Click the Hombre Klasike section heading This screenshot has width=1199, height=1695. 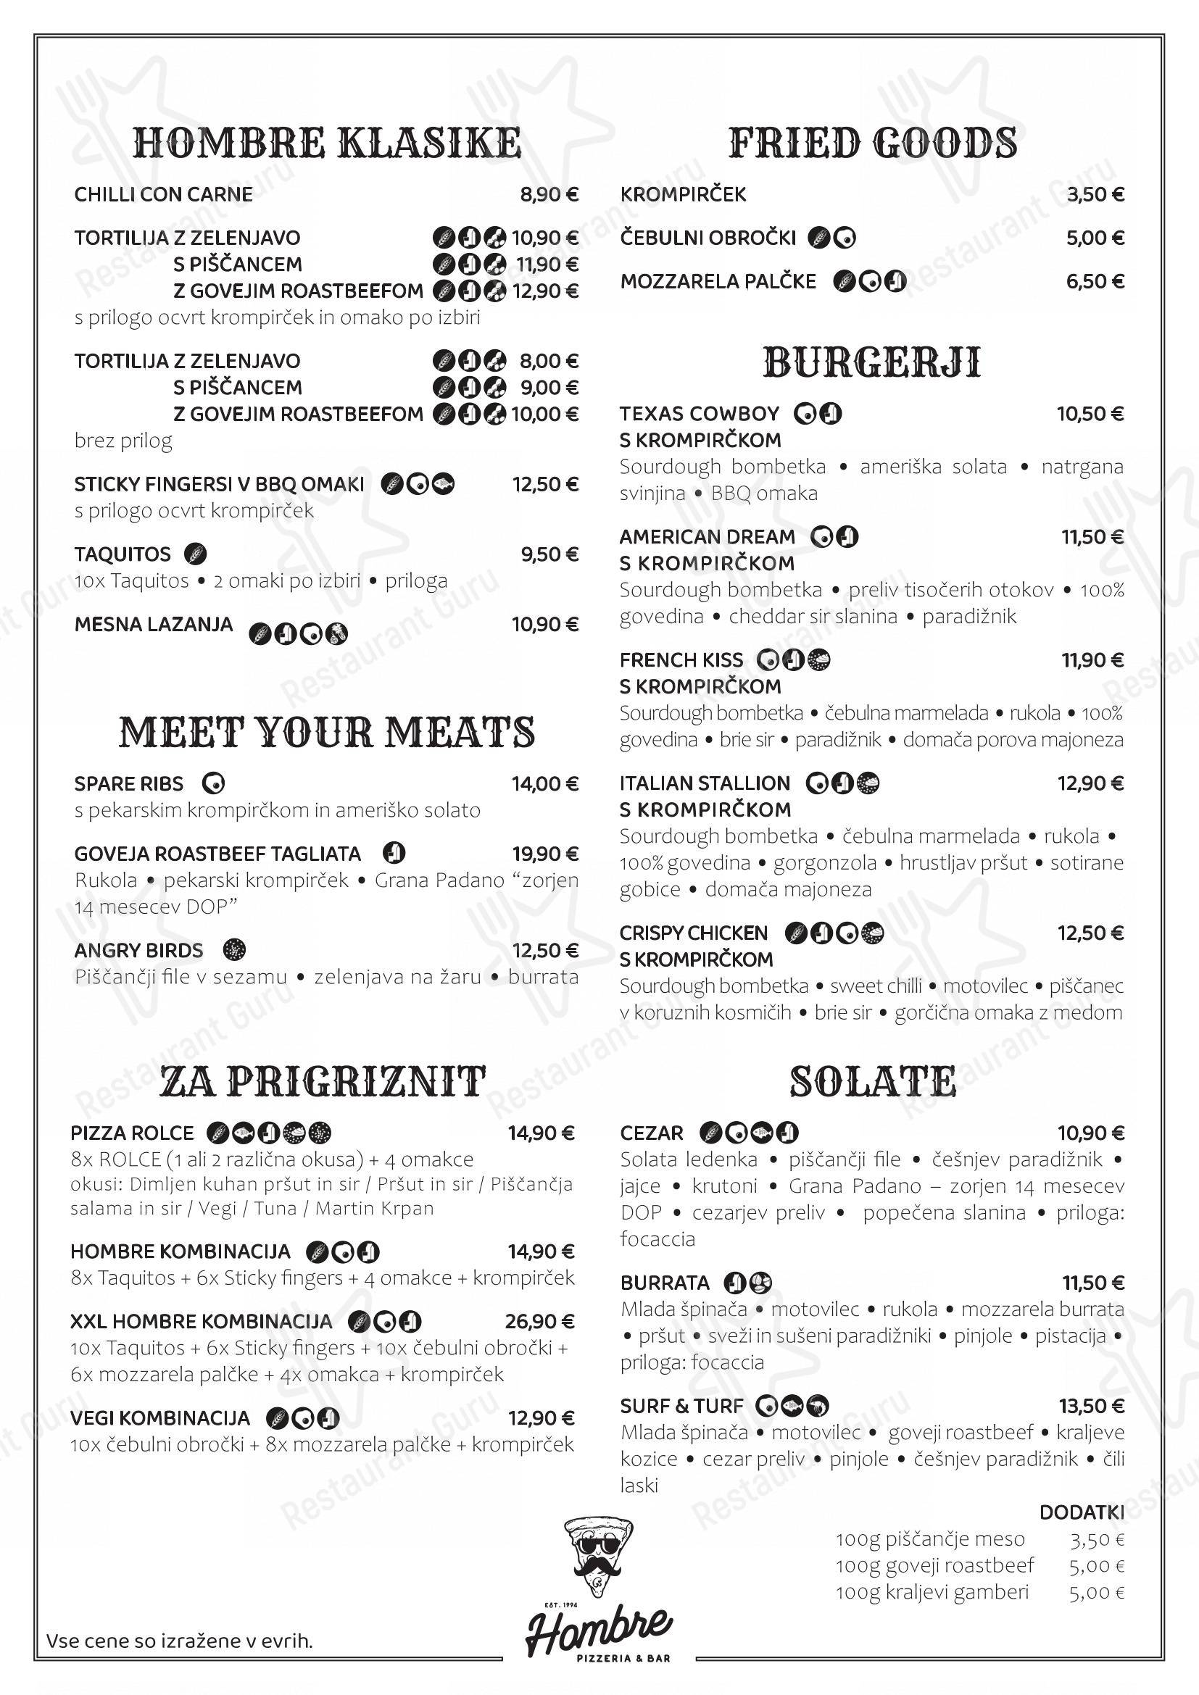pos(327,143)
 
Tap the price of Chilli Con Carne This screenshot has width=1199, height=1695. pos(549,195)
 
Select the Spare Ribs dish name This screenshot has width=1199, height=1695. pos(129,783)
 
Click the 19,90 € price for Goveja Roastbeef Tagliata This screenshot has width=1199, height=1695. pos(546,854)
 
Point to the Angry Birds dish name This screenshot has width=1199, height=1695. pos(138,950)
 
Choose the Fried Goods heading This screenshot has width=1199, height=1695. pos(873,143)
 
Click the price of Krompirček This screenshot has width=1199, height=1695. pos(1095,195)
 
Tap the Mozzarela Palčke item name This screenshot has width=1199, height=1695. pos(718,282)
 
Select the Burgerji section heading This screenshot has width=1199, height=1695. pos(872,362)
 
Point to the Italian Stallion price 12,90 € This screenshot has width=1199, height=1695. pos(1090,783)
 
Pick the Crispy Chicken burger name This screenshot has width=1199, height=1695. pos(693,933)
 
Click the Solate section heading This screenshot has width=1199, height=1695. pos(873,1081)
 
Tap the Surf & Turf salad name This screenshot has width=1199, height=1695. pos(681,1407)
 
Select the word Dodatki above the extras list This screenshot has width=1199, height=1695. pos(1082,1512)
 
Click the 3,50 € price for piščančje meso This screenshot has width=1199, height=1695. pos(1096,1539)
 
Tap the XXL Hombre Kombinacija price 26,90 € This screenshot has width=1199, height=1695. pos(540,1322)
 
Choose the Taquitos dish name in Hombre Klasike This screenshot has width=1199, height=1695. pos(123,554)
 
